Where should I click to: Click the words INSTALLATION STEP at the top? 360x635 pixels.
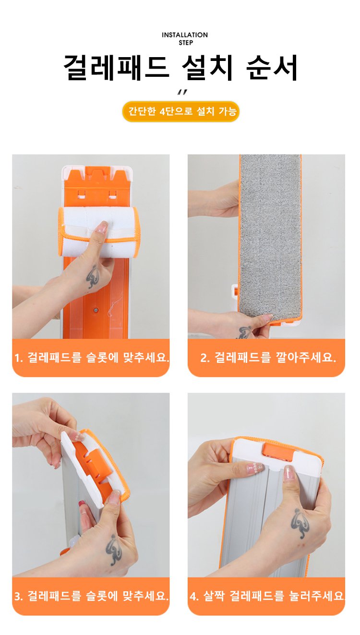184,39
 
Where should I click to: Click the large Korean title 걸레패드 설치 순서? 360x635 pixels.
180,68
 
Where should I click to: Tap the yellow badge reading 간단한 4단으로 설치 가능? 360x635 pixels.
181,111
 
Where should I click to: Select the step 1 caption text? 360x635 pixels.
92,357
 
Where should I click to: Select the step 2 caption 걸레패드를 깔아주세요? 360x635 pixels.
268,357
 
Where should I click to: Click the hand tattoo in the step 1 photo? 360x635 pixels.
93,276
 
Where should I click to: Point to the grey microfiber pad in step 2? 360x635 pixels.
271,238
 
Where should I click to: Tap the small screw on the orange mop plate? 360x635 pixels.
96,310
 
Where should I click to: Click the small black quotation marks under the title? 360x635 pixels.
182,93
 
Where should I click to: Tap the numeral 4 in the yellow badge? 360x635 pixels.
162,111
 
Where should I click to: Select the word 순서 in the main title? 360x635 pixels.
272,68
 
